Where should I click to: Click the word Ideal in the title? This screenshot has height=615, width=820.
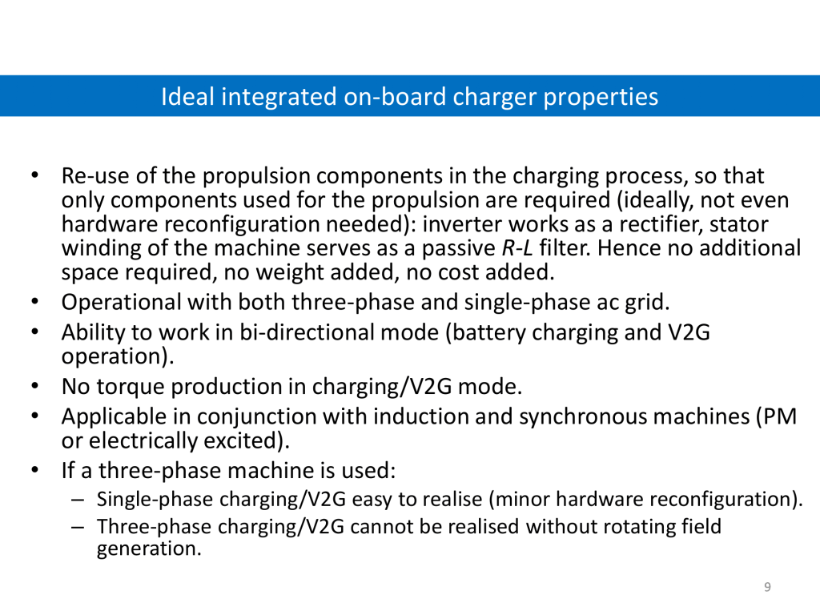pyautogui.click(x=187, y=97)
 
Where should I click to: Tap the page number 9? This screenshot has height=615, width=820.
pyautogui.click(x=767, y=587)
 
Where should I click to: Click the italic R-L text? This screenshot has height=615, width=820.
pyautogui.click(x=517, y=248)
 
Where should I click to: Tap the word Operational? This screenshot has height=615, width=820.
pyautogui.click(x=122, y=302)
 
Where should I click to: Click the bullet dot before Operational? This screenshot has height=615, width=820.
pyautogui.click(x=35, y=302)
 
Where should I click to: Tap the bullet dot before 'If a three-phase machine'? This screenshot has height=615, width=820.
pyautogui.click(x=35, y=469)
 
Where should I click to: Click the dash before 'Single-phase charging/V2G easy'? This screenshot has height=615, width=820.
pyautogui.click(x=78, y=500)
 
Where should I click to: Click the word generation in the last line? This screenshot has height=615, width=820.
pyautogui.click(x=149, y=549)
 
